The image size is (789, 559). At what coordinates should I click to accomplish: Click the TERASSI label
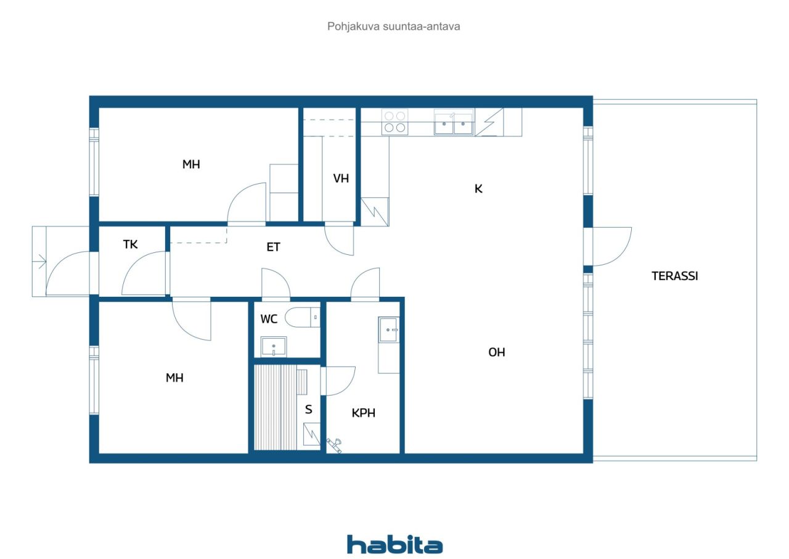pos(674,276)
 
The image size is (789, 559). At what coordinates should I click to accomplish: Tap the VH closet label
pos(341,178)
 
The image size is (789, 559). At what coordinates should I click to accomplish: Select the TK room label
pos(130,244)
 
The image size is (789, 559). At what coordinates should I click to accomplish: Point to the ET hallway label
pos(273,247)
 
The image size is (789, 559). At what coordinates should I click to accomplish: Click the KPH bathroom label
pos(364,413)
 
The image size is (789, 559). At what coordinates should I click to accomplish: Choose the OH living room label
pos(497,352)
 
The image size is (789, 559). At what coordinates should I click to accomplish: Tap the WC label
pos(269,319)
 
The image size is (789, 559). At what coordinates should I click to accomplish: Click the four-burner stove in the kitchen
pos(395,122)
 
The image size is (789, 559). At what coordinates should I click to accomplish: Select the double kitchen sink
pos(454,122)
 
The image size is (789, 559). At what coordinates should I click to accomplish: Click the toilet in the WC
pos(302,317)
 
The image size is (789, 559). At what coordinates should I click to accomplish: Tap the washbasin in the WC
pos(273,347)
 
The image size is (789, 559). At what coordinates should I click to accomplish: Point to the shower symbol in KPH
pos(334,445)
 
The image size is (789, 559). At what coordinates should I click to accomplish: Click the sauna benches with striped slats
pos(276,407)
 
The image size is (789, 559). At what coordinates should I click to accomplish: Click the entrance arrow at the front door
pos(39,262)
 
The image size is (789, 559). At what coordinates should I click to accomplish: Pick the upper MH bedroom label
pos(191,164)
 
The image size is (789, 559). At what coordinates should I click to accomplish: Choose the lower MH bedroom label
pos(174,378)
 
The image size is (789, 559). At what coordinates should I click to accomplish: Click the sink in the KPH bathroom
pos(388,330)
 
